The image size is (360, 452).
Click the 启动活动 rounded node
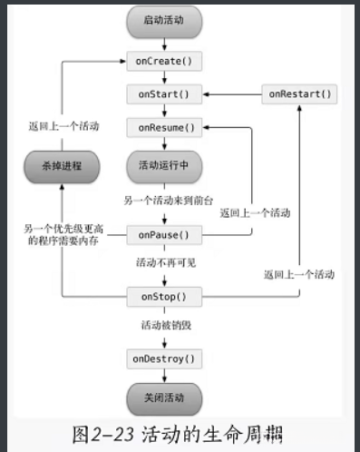(x=163, y=20)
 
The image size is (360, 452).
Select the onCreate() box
(x=163, y=62)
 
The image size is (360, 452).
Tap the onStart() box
(x=163, y=93)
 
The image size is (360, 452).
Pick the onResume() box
(x=163, y=128)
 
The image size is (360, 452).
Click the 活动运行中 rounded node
(x=163, y=166)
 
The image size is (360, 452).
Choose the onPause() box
(x=163, y=234)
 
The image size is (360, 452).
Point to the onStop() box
(x=163, y=297)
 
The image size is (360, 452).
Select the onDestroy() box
(x=163, y=359)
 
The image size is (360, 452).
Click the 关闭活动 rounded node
(x=163, y=397)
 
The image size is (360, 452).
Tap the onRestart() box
(x=298, y=93)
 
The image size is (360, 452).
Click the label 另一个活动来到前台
(x=165, y=200)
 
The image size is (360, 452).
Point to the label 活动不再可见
(x=163, y=264)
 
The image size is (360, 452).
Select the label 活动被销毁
(x=163, y=326)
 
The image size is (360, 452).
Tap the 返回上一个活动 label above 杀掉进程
(x=63, y=126)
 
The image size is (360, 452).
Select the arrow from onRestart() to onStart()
(x=231, y=93)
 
